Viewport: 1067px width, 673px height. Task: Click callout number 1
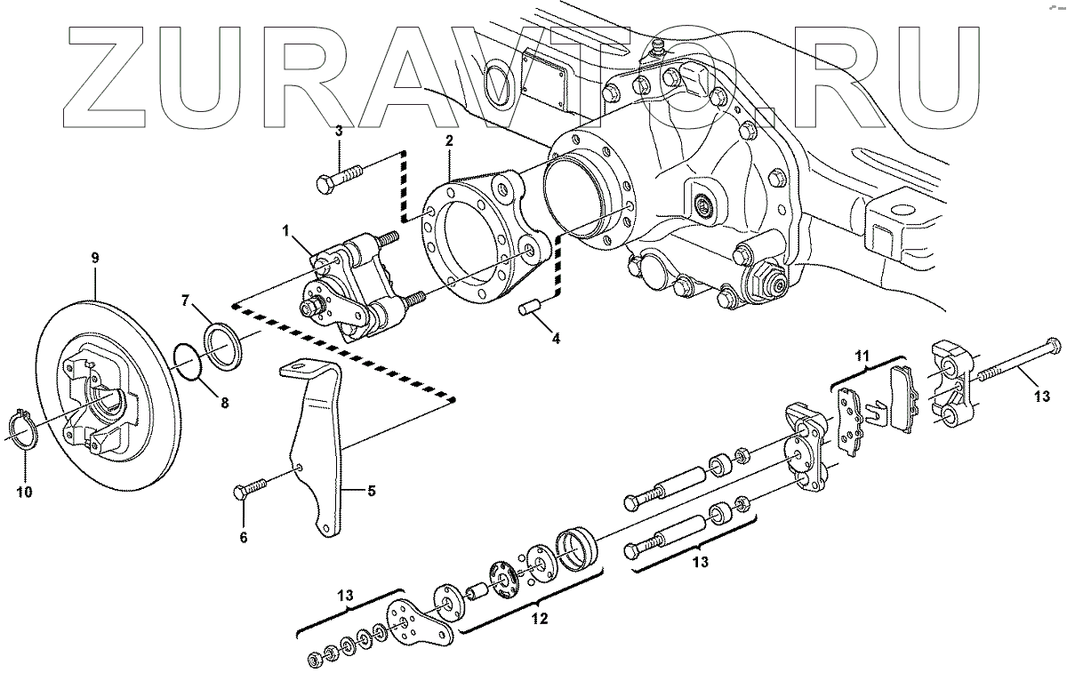point(286,230)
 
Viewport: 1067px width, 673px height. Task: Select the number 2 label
point(449,141)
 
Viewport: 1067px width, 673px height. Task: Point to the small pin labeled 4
point(530,309)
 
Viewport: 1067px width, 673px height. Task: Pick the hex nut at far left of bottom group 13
point(314,660)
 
